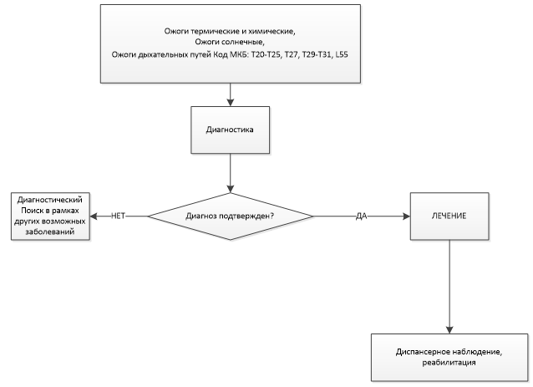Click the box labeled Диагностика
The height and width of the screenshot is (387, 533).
pos(230,130)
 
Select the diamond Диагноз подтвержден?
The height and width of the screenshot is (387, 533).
pos(230,216)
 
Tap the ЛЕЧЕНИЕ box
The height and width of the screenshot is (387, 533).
pos(449,216)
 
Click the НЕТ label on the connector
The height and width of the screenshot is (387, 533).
pos(118,216)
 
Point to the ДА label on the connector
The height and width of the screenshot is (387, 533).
pos(362,216)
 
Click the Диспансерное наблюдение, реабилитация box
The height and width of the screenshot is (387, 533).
pos(449,357)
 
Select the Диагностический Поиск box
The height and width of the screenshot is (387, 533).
pos(50,216)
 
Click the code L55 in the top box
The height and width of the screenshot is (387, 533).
pos(342,54)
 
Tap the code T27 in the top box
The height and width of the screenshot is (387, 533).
pos(291,54)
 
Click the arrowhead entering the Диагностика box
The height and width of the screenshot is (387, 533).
pos(230,102)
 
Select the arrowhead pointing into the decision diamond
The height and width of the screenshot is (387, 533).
pos(230,189)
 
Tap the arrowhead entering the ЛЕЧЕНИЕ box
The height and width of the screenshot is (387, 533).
pos(406,216)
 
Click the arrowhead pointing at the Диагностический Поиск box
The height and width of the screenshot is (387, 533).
pos(94,216)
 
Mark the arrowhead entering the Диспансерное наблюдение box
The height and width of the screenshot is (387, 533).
pos(449,329)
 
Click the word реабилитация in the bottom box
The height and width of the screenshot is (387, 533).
pos(449,363)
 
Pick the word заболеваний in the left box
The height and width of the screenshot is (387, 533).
pos(50,232)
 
